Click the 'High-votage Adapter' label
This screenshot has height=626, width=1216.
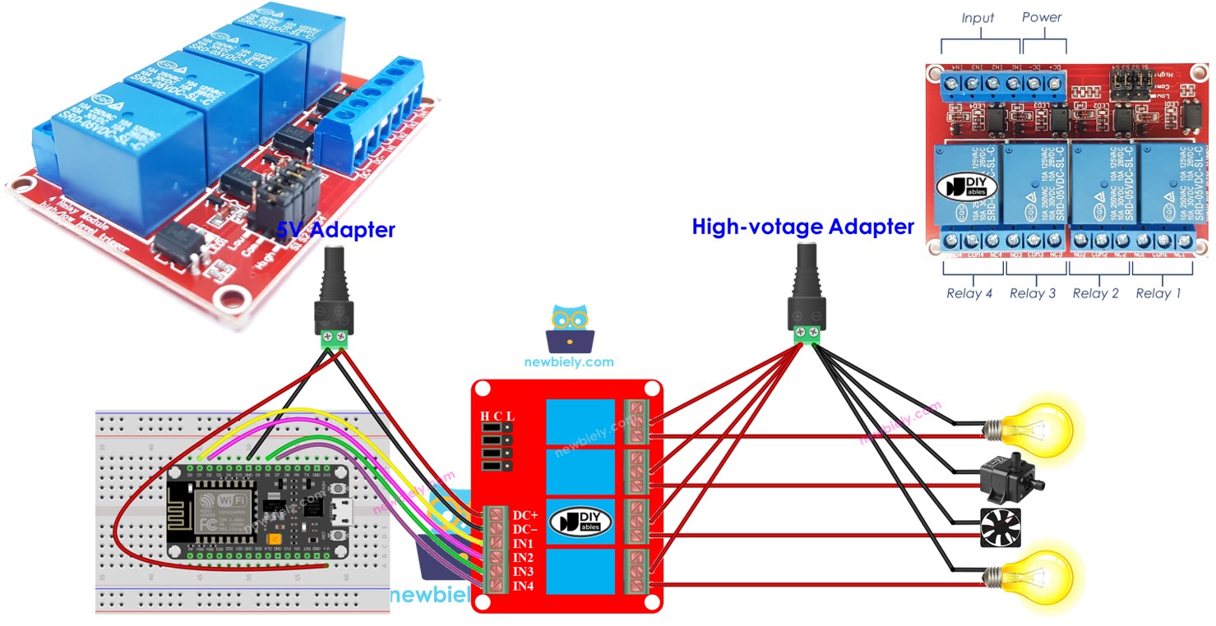point(802,227)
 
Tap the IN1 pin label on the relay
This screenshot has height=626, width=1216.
point(524,543)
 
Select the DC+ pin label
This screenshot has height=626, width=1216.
point(525,515)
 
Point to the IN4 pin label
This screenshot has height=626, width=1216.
point(524,585)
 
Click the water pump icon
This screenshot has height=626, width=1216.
point(1010,476)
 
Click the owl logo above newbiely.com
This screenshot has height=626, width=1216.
point(569,328)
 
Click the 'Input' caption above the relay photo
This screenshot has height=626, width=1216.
point(978,18)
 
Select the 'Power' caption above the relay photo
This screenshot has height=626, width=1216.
point(1042,17)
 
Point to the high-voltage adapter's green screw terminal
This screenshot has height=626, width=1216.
point(807,333)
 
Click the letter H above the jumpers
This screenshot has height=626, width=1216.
point(485,417)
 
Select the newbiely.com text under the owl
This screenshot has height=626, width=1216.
point(569,361)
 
